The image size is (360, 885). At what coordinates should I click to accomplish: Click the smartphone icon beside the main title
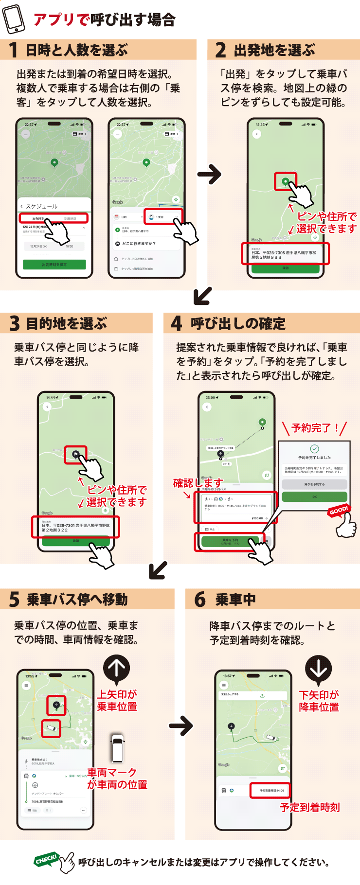click(x=14, y=19)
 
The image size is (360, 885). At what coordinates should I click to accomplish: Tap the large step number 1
click(x=14, y=50)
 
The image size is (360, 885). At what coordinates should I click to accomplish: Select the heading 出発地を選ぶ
click(x=274, y=50)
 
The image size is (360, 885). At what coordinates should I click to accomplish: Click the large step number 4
click(x=176, y=323)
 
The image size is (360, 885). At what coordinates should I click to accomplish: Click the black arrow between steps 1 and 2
click(x=209, y=174)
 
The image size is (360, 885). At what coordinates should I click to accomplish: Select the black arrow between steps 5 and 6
click(x=181, y=726)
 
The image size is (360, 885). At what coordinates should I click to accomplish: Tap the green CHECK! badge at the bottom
click(x=46, y=859)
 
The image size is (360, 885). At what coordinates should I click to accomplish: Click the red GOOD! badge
click(x=339, y=511)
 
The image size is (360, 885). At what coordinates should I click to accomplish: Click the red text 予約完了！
click(x=315, y=428)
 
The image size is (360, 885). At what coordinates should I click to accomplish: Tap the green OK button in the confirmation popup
click(x=314, y=496)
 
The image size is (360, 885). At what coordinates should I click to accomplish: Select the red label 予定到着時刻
click(x=310, y=807)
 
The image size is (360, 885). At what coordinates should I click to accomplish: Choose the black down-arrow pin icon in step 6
click(x=318, y=669)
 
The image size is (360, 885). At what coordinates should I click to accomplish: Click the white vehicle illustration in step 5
click(x=117, y=747)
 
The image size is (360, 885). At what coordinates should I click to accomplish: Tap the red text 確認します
click(x=198, y=483)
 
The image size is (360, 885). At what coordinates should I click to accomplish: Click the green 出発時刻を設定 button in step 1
click(x=54, y=265)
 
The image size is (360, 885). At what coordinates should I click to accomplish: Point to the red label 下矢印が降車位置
click(x=319, y=701)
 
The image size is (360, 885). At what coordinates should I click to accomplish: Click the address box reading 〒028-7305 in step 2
click(x=285, y=254)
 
